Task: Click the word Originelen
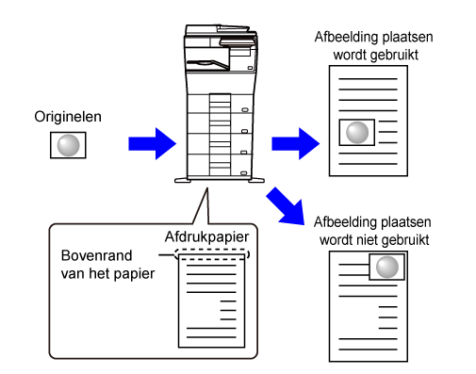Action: tap(68, 117)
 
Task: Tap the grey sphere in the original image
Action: tap(68, 145)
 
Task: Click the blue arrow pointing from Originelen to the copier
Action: tap(153, 144)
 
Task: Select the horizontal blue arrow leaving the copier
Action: tap(296, 144)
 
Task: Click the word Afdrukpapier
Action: tap(206, 237)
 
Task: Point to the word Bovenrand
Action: tap(96, 255)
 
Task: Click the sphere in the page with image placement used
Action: tap(357, 133)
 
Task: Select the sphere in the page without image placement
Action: tap(387, 267)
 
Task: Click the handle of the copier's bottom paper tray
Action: tap(244, 173)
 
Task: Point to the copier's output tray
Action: tap(208, 64)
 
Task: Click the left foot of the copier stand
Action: tap(183, 180)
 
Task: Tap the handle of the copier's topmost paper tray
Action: tap(245, 110)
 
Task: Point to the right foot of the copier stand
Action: tap(256, 180)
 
